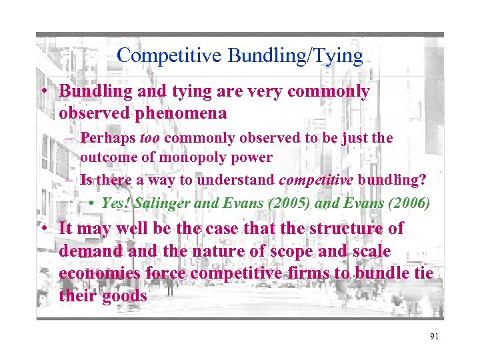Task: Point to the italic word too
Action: pyautogui.click(x=151, y=138)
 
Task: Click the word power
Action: pyautogui.click(x=253, y=157)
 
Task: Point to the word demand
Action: pyautogui.click(x=89, y=252)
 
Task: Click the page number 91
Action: pyautogui.click(x=434, y=337)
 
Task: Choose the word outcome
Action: pyautogui.click(x=107, y=157)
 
